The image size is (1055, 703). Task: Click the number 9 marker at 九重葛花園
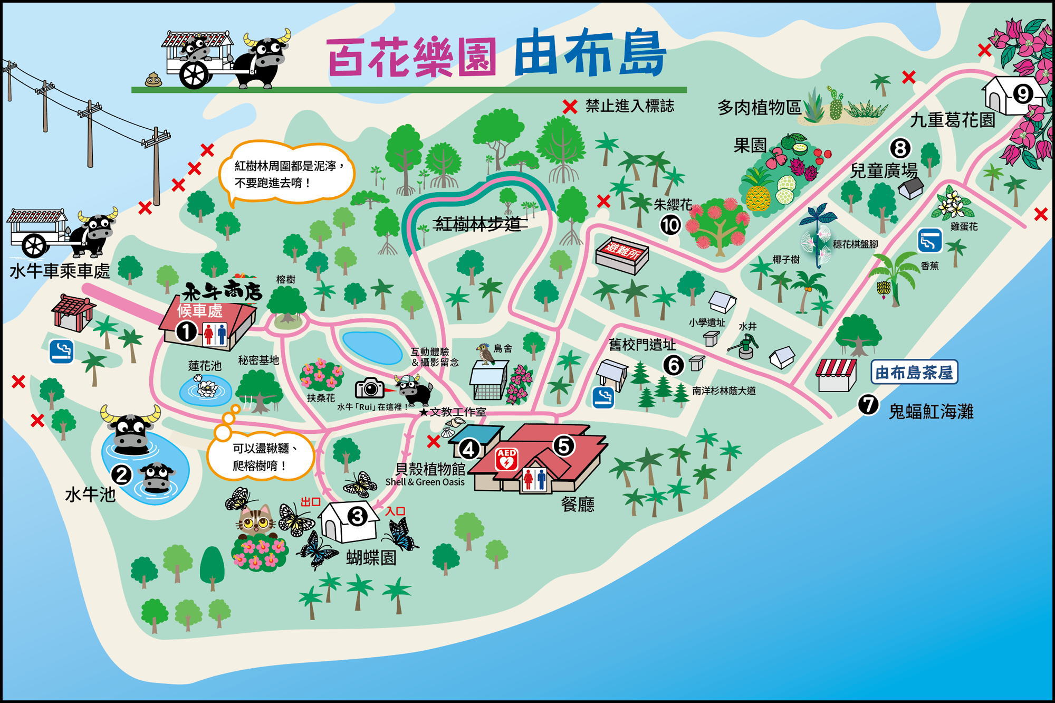pos(1023,94)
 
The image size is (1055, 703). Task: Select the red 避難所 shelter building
pos(622,255)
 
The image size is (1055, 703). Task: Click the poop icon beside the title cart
pos(154,80)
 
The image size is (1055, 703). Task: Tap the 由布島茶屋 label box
pos(914,373)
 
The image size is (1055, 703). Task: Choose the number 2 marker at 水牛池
pos(122,475)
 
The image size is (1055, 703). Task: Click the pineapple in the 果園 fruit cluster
pos(758,193)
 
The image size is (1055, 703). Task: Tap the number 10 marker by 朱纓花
pos(670,225)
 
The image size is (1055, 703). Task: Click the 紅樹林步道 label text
pos(478,224)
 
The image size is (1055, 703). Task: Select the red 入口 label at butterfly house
pos(395,511)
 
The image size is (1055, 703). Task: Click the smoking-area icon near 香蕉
pos(929,241)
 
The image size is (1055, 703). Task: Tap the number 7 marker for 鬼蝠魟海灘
pos(868,405)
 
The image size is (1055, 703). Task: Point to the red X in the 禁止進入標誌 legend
pos(570,107)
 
